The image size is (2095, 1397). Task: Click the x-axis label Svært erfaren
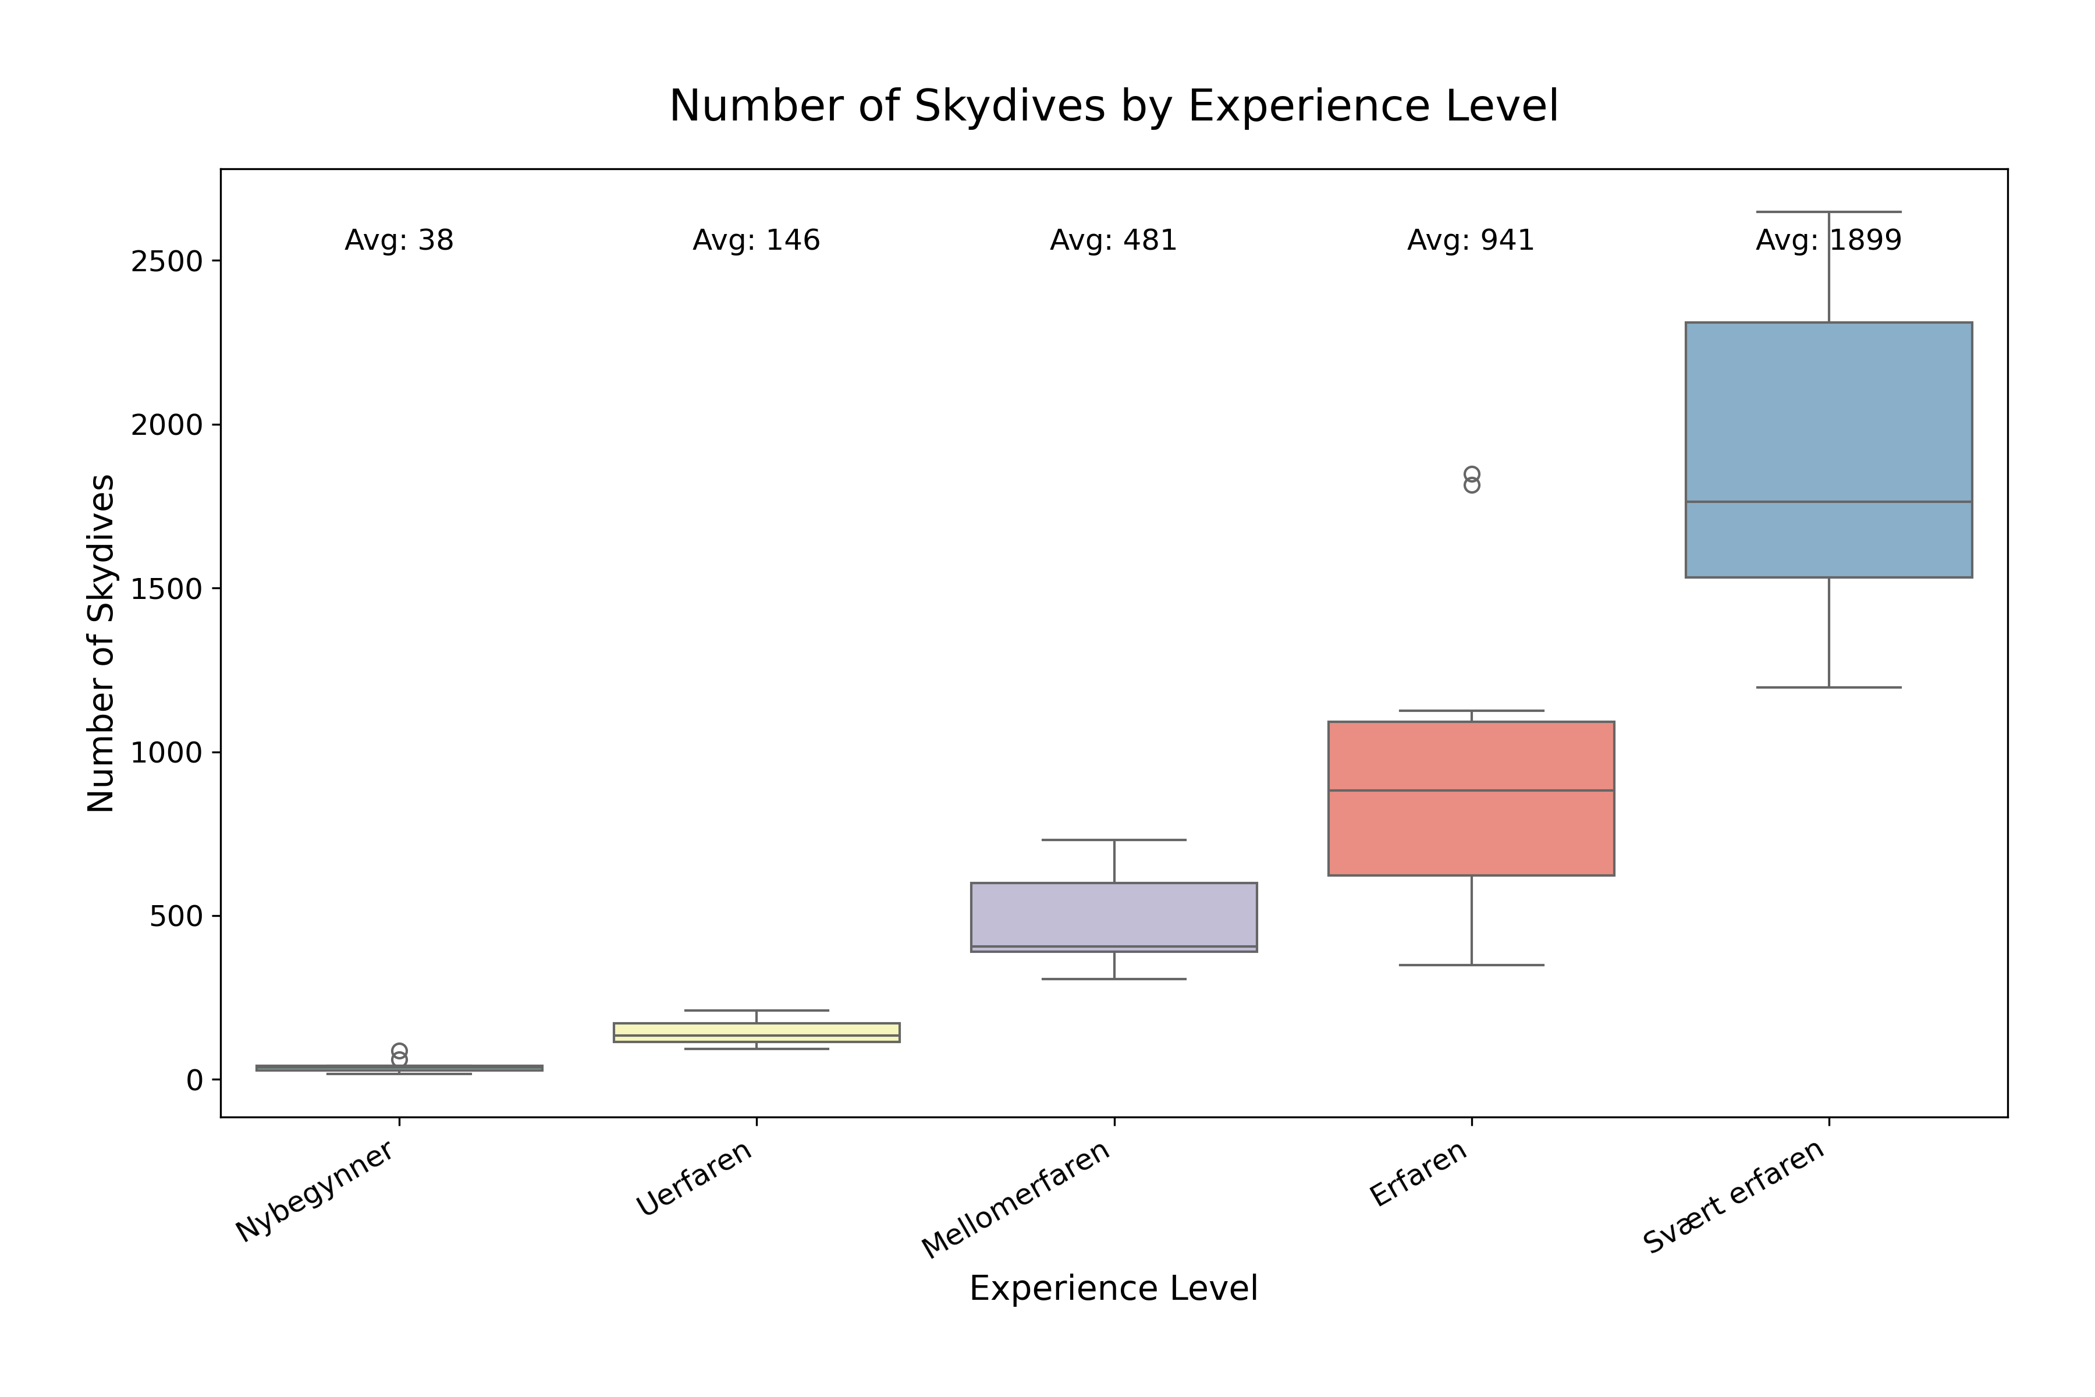click(1734, 1197)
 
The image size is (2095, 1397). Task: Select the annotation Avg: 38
click(399, 240)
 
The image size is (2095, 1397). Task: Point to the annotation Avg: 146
click(756, 240)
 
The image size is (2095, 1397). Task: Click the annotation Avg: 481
click(1113, 240)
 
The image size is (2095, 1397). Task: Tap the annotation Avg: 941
click(1471, 240)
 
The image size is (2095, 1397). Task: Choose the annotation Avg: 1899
click(1828, 240)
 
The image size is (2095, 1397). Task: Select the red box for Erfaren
click(1471, 838)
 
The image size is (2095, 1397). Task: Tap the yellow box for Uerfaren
click(756, 1031)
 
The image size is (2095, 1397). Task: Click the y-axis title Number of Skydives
click(101, 643)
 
